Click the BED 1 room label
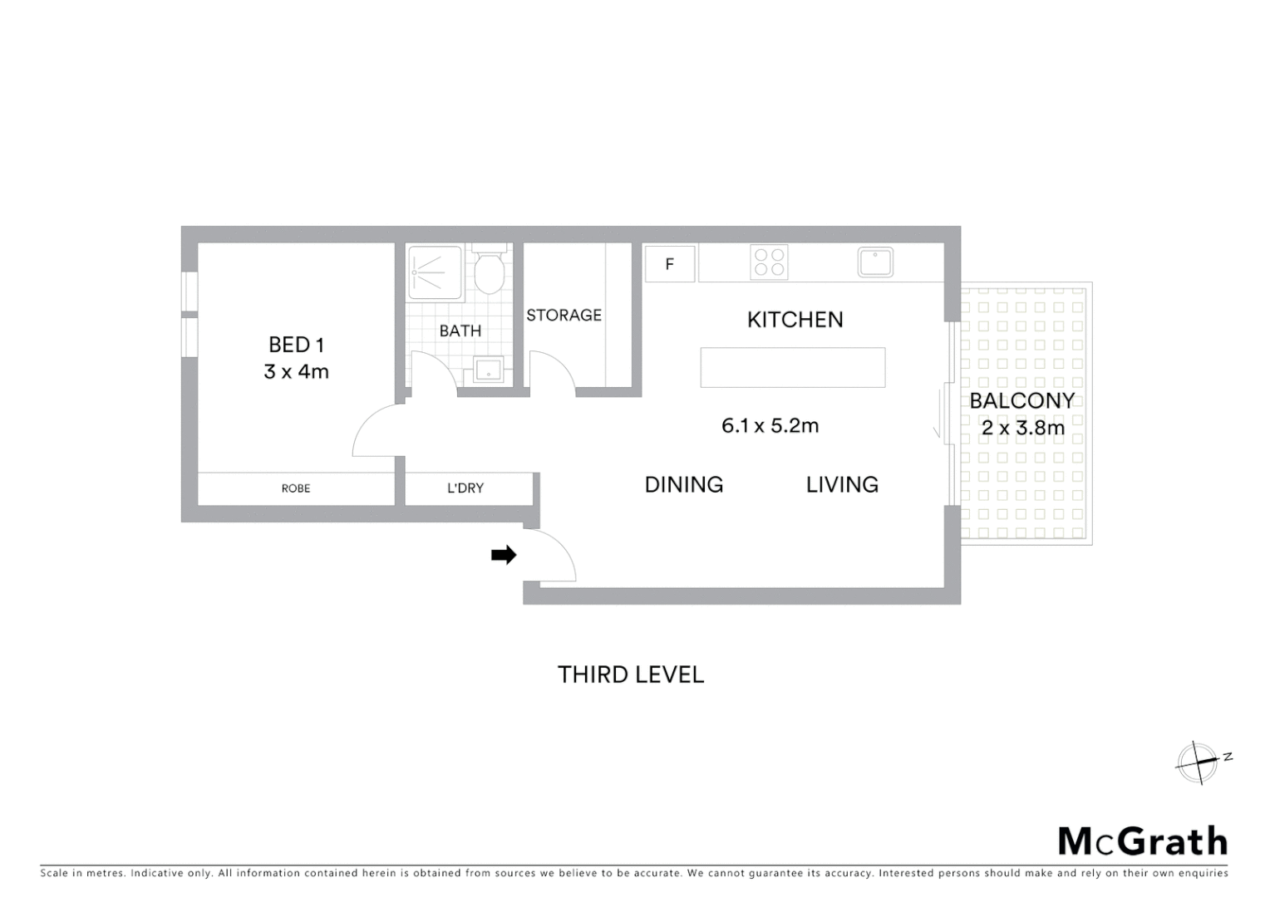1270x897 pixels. (x=296, y=344)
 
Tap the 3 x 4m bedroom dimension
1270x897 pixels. (x=296, y=371)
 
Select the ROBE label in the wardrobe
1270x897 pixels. (x=295, y=488)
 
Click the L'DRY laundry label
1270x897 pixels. (x=465, y=488)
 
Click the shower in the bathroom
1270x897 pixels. (x=435, y=272)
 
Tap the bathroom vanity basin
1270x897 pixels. (x=488, y=370)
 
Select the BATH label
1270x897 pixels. (x=460, y=331)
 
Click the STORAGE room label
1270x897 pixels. (x=564, y=315)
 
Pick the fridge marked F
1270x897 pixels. (x=670, y=265)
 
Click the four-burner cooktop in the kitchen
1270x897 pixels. (x=769, y=262)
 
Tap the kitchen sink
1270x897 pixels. (x=875, y=262)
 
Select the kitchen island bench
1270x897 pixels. (x=792, y=367)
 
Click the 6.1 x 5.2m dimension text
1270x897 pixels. (x=770, y=426)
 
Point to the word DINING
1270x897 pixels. (x=684, y=484)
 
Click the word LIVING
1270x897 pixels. (x=842, y=484)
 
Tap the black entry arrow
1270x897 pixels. (x=504, y=555)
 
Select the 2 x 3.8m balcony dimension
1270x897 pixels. (x=1022, y=428)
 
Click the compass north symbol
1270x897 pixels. (x=1197, y=762)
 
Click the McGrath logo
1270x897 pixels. (x=1143, y=841)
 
